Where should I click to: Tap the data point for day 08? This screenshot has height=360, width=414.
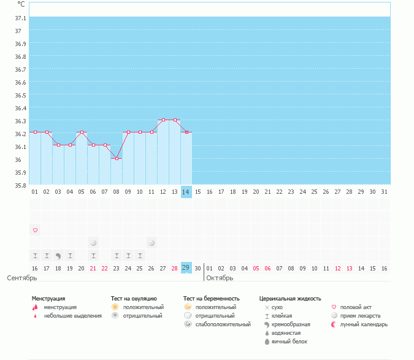click(x=117, y=158)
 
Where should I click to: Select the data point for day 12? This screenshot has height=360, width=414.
click(x=163, y=120)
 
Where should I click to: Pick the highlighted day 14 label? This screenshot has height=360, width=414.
click(x=186, y=192)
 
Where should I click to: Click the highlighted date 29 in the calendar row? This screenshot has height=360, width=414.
click(x=186, y=268)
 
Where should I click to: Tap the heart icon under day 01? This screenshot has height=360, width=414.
click(x=35, y=230)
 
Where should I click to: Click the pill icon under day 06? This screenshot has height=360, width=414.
click(x=93, y=243)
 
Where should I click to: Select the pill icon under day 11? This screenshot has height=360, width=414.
click(x=151, y=243)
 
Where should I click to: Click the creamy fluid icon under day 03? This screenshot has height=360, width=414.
click(x=58, y=256)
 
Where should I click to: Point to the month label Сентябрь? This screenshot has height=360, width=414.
click(x=22, y=278)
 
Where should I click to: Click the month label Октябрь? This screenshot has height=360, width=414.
click(x=220, y=278)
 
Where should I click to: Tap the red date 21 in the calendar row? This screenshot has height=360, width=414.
click(x=93, y=269)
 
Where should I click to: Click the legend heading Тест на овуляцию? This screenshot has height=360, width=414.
click(x=134, y=299)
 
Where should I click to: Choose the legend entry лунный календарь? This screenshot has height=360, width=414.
click(x=366, y=324)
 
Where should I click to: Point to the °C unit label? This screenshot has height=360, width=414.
click(x=21, y=4)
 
